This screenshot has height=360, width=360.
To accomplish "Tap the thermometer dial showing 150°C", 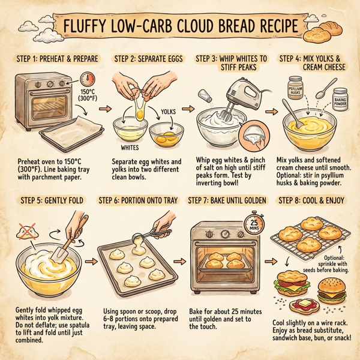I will point(88,81).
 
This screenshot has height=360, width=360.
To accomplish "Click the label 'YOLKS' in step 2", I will point(170,112).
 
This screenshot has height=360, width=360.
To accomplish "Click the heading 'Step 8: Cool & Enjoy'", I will point(311,200).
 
